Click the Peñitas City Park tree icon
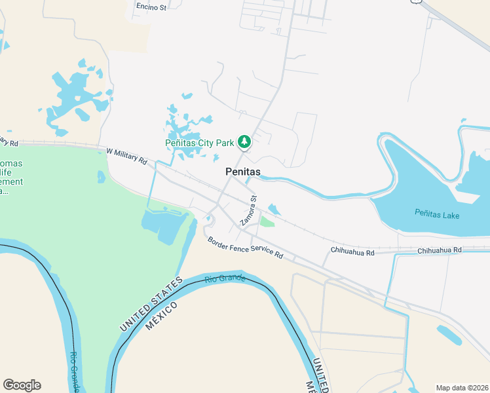coord(244,141)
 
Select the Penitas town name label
coord(242,172)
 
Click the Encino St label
coord(151,7)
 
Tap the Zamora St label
coord(248,210)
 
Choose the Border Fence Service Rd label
coord(245,247)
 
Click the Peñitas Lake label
coord(437,214)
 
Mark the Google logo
coord(22,385)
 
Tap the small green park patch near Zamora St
coord(267,221)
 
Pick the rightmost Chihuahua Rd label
coord(440,250)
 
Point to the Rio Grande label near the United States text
coord(225,279)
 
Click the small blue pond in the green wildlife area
coord(101,177)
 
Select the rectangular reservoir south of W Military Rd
coord(164,225)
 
